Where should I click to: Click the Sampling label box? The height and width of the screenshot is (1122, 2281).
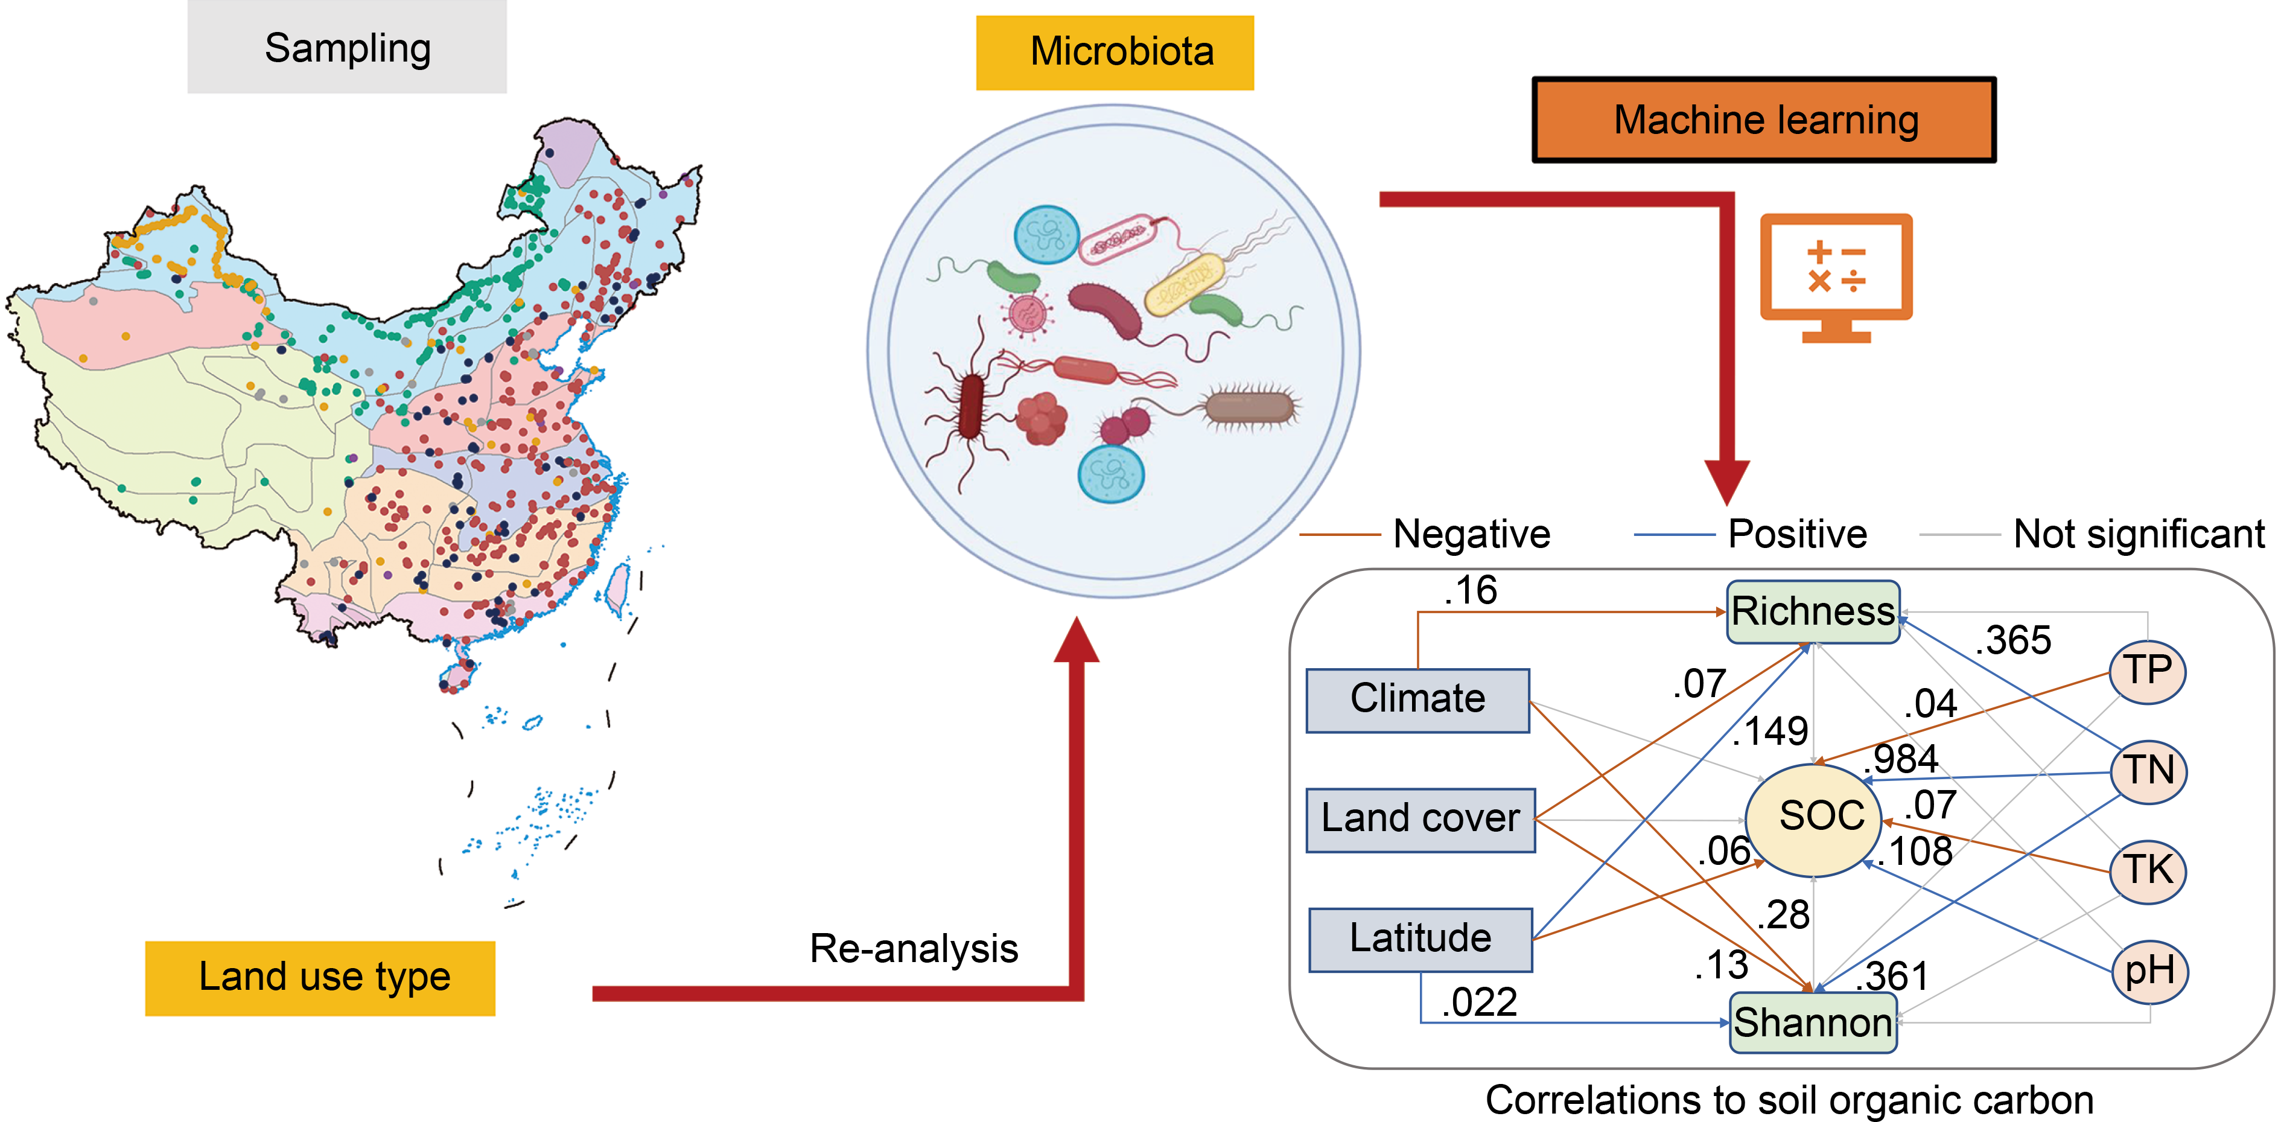click(347, 47)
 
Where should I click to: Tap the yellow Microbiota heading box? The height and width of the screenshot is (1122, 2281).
click(1115, 53)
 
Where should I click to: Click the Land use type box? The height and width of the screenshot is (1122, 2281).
click(320, 978)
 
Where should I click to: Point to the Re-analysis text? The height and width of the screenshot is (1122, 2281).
click(914, 948)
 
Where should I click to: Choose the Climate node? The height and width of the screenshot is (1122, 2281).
click(1417, 700)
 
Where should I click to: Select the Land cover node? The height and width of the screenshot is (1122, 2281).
click(1420, 819)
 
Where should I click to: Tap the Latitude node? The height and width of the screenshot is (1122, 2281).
click(1420, 939)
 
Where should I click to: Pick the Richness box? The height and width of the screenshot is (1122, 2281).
click(1813, 611)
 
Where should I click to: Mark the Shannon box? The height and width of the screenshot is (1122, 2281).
click(1813, 1023)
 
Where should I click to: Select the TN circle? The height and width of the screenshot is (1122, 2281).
click(2148, 771)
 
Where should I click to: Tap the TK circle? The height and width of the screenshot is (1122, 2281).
click(2148, 870)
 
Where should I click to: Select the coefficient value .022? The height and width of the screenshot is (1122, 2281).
click(1480, 1003)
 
